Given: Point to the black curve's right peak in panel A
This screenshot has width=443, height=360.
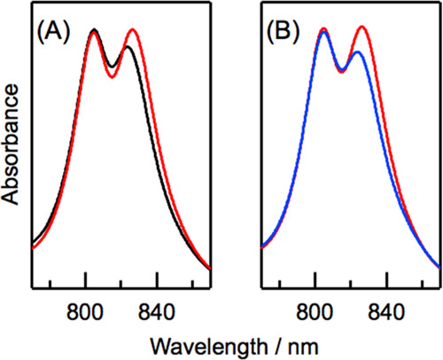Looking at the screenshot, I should (128, 47).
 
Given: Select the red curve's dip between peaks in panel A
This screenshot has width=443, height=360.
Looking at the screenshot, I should (112, 77).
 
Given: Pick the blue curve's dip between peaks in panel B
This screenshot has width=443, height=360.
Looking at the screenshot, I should (342, 70).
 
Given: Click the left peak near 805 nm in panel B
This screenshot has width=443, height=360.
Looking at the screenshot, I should (323, 30).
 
